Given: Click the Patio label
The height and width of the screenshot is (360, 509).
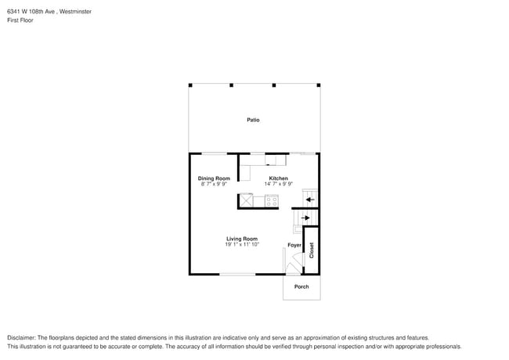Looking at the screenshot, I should point(253,120).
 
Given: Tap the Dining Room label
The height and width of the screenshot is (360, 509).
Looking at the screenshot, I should point(213,178).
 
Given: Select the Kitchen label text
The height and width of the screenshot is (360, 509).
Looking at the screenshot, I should point(278,178).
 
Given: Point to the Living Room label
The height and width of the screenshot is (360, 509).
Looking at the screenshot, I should point(242,239).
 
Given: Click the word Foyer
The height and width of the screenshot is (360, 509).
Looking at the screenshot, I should point(294,245).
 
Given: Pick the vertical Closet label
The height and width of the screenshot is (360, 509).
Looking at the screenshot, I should point(311,250).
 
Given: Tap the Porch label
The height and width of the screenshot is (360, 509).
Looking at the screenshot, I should point(301,286).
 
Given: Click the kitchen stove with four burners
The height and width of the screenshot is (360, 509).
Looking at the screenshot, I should point(271,200).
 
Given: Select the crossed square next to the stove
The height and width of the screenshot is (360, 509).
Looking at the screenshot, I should point(246,200).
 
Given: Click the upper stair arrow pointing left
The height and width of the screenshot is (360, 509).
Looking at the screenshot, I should point(309,199).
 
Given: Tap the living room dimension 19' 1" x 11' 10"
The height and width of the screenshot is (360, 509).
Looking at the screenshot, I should point(242,244).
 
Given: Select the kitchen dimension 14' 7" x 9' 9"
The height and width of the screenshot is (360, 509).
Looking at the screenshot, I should point(278,184).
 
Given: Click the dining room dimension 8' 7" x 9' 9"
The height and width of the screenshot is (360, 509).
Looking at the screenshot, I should point(213,184).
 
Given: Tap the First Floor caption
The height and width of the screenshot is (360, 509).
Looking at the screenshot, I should point(20,20).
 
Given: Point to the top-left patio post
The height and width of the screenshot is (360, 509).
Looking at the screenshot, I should point(190,85).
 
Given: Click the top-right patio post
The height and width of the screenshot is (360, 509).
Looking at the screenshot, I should point(318,85).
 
